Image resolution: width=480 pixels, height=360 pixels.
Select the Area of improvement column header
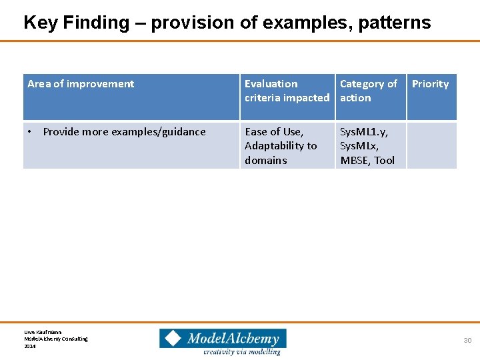click(81, 84)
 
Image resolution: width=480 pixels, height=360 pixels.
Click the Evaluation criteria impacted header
click(287, 91)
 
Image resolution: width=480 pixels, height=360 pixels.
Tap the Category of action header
click(368, 91)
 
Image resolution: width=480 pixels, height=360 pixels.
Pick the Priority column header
click(430, 84)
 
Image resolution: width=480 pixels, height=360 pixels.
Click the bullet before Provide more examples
click(30, 132)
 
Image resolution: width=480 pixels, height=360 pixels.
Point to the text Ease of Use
click(274, 132)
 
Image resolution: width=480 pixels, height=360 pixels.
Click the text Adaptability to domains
click(280, 153)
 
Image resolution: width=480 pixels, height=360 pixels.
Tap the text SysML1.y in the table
click(364, 132)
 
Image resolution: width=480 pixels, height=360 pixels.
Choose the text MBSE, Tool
click(367, 160)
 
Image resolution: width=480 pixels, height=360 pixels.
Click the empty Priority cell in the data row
click(431, 145)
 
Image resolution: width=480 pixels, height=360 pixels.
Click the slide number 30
click(467, 341)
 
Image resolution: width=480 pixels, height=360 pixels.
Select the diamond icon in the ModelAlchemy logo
click(173, 338)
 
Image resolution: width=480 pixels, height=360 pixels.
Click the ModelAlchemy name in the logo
click(233, 338)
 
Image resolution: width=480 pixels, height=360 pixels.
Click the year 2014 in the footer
click(30, 346)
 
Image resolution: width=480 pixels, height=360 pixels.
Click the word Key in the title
click(39, 23)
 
